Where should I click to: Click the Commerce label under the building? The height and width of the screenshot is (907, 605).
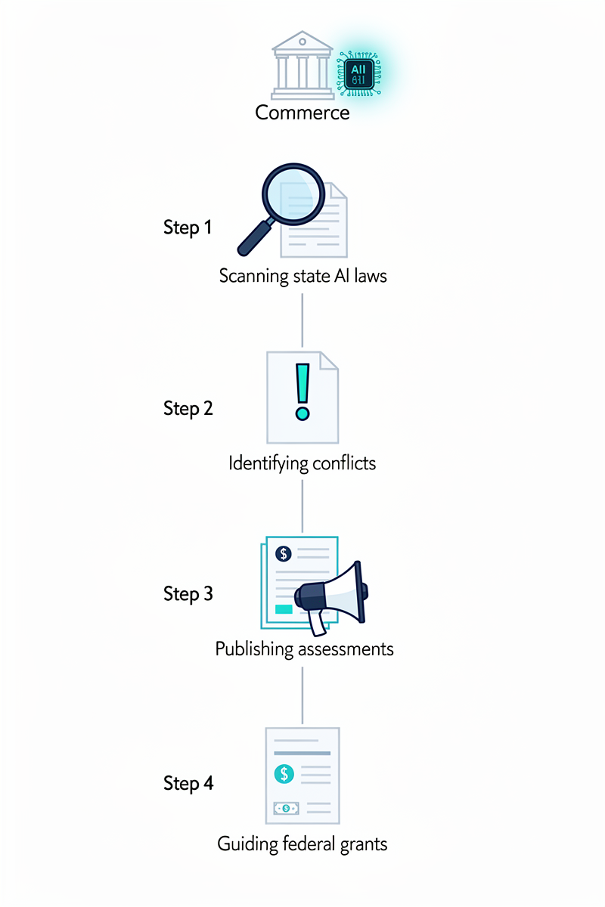302,113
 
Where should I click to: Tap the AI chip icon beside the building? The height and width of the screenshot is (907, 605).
358,74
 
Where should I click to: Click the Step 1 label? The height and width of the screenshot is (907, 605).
188,228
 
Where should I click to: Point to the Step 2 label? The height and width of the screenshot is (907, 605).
188,409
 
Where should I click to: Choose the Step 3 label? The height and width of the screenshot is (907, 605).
188,594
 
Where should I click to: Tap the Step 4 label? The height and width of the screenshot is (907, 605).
188,784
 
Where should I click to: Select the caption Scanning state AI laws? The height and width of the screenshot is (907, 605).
302,275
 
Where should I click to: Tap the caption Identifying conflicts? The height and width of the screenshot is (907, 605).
302,463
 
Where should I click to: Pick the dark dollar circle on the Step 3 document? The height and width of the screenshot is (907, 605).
284,554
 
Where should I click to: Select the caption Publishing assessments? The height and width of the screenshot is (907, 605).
304,649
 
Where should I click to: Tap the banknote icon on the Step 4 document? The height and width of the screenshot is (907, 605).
286,808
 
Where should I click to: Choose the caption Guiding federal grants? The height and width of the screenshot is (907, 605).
302,843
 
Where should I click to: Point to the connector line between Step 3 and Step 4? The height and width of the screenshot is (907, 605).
302,695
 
